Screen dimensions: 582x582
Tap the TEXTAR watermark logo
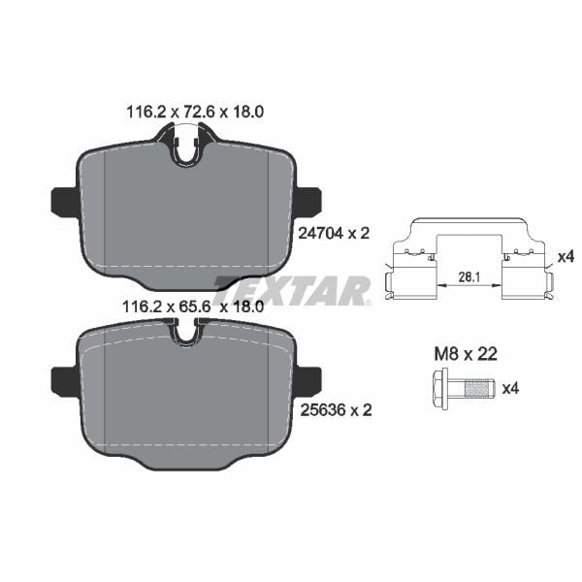click(x=291, y=289)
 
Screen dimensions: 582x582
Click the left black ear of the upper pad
click(x=64, y=202)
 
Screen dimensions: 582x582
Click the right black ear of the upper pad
click(x=307, y=202)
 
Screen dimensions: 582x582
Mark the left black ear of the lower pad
click(x=64, y=381)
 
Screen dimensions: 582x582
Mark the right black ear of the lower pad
click(x=307, y=381)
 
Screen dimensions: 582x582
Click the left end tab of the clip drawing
click(x=391, y=283)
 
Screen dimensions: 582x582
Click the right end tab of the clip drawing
click(x=548, y=283)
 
